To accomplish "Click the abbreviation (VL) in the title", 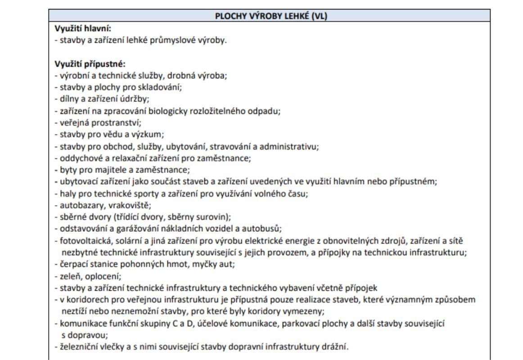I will click(x=318, y=16).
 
